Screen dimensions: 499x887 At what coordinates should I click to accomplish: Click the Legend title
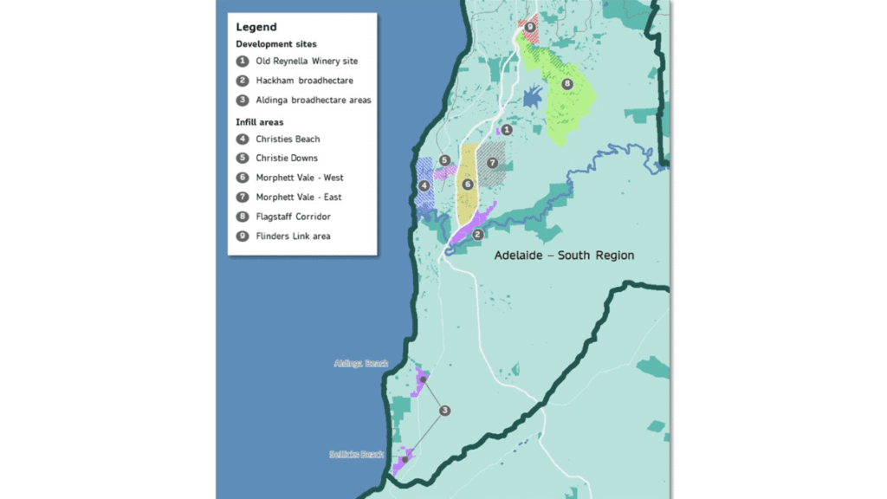256,27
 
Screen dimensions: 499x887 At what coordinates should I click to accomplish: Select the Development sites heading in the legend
275,44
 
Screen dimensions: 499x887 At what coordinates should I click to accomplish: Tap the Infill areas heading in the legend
259,122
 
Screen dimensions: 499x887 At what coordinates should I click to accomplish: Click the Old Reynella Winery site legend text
307,62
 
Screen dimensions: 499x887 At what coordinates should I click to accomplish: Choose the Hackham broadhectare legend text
304,81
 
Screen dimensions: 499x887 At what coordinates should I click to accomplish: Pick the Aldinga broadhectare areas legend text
314,100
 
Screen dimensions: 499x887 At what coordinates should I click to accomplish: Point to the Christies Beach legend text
288,139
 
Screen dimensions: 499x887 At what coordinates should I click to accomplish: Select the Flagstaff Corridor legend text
293,217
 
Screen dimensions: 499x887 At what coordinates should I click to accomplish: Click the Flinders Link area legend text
293,236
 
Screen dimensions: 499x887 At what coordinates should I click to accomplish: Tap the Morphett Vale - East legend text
299,198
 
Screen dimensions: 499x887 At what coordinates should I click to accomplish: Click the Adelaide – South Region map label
563,256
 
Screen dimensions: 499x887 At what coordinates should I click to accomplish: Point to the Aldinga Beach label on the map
360,364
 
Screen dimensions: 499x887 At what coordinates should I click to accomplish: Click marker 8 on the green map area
567,84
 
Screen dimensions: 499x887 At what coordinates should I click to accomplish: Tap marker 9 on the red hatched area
530,28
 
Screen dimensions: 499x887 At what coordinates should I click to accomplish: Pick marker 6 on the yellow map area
467,185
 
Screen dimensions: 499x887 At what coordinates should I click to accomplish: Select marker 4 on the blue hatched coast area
424,185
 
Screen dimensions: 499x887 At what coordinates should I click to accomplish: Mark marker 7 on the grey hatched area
491,163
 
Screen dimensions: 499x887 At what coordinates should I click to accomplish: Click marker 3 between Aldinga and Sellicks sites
444,411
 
